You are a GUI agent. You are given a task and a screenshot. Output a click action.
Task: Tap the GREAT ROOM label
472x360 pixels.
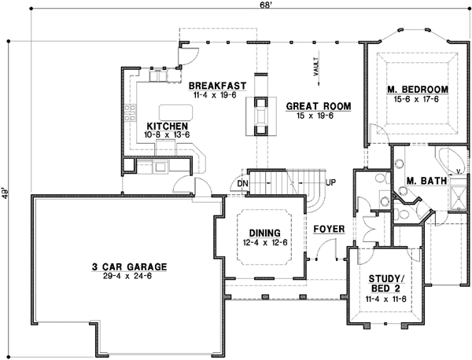318,105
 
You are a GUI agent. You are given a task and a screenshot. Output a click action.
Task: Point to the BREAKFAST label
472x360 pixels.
218,84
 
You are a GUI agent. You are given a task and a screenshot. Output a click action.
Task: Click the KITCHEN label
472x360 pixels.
166,126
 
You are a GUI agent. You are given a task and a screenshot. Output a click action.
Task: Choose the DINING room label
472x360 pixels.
264,232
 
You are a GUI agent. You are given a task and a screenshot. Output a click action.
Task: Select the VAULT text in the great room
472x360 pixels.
315,66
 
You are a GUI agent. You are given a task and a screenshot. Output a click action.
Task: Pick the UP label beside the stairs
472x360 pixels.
330,182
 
